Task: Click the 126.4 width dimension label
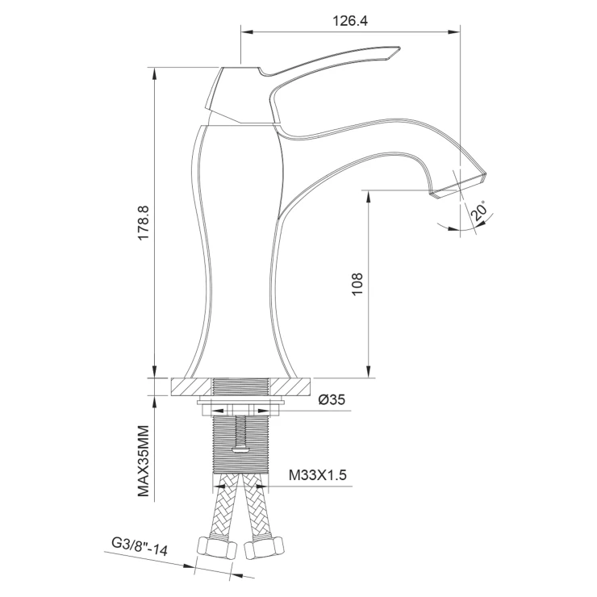pyautogui.click(x=350, y=20)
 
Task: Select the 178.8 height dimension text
pyautogui.click(x=144, y=223)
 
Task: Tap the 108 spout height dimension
pyautogui.click(x=357, y=284)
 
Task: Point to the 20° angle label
pyautogui.click(x=480, y=211)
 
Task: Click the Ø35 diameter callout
pyautogui.click(x=332, y=399)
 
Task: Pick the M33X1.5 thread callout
pyautogui.click(x=318, y=475)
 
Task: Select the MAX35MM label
pyautogui.click(x=144, y=461)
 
